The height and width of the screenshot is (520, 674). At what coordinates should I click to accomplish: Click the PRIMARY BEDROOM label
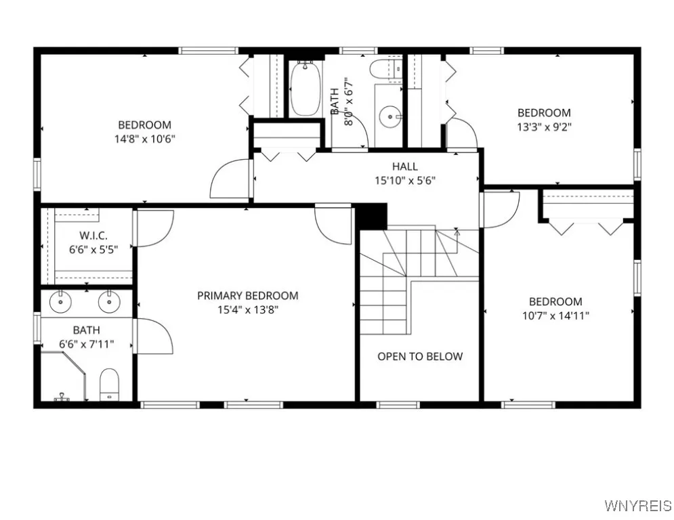point(247,296)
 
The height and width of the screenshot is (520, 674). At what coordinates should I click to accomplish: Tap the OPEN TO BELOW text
point(420,356)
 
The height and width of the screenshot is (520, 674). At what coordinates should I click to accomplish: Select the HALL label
point(404,167)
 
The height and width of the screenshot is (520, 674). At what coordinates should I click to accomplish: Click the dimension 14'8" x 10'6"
point(144,139)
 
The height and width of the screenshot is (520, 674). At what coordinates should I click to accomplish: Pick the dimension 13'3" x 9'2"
point(544,126)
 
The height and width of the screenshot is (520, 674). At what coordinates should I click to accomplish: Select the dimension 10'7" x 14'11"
point(555,315)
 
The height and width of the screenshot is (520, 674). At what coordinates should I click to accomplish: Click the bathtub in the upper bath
point(306,89)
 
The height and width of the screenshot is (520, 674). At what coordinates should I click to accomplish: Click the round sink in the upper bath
point(389,116)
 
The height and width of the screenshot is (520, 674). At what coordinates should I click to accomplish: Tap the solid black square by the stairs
point(371,217)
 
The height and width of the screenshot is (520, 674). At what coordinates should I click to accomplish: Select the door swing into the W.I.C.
point(154,228)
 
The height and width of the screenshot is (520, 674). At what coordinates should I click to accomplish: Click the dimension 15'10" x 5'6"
point(404,180)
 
